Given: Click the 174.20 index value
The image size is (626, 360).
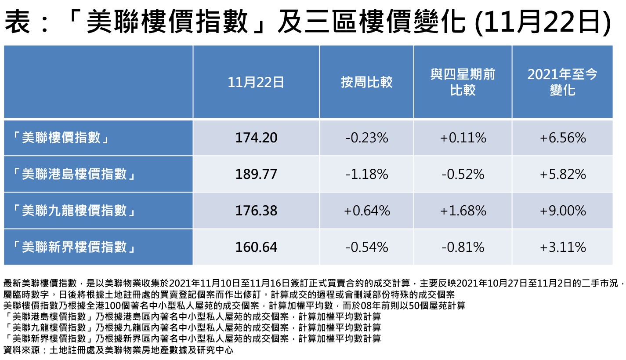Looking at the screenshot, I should (256, 138).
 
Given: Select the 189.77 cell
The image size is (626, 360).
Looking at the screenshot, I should (256, 175).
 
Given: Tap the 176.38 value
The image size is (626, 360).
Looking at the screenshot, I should (256, 211).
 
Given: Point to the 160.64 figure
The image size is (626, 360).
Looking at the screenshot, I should (256, 247).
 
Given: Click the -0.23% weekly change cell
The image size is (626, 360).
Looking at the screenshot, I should (366, 138).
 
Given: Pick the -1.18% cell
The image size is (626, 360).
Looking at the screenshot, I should (366, 175).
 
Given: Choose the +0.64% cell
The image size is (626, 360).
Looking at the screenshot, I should (366, 211).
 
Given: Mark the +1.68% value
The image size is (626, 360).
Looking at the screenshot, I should (463, 211).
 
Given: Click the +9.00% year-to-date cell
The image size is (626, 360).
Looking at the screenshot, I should (562, 211).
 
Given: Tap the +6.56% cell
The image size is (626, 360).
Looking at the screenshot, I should (562, 138).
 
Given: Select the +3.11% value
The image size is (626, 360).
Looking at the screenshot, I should (562, 247).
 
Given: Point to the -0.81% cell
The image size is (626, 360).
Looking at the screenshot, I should (463, 247).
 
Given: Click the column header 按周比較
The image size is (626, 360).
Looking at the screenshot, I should (366, 82).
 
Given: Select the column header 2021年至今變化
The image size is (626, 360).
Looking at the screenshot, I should (562, 82).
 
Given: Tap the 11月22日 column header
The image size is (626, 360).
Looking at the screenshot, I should (256, 82).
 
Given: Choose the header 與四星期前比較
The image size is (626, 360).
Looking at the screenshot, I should (463, 82).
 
